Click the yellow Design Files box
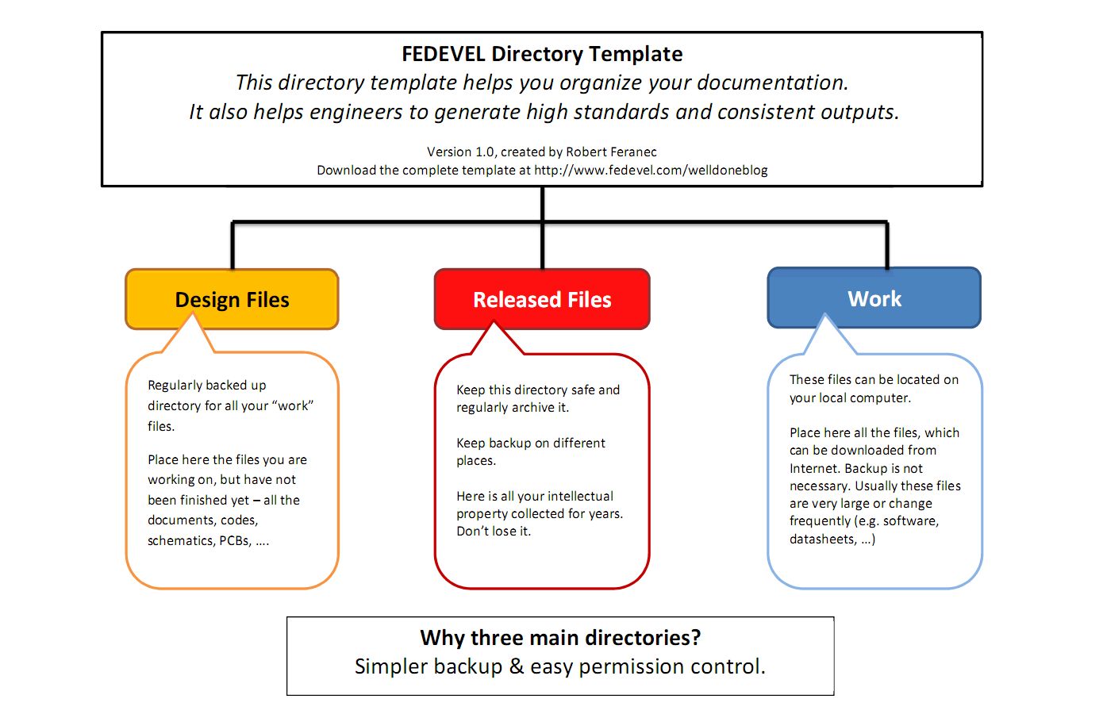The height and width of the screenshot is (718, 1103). pos(232,299)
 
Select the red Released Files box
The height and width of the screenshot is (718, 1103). pos(542,299)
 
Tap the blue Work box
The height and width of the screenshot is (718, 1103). pos(874,298)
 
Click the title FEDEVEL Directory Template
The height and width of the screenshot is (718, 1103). pos(542,54)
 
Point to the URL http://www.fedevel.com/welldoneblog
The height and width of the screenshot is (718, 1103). pos(651,170)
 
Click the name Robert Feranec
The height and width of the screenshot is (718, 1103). pos(611,152)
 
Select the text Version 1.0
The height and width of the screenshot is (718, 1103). pos(460,152)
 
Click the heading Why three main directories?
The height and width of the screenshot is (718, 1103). pos(560,638)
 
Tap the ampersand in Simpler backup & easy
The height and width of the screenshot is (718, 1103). pos(517,666)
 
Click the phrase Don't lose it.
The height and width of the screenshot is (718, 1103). pos(494,531)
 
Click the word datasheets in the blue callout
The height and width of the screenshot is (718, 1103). pos(823,539)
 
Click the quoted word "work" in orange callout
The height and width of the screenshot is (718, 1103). pos(293,405)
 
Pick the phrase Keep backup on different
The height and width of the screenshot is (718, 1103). pos(530,443)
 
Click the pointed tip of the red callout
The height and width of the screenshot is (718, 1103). pos(494,322)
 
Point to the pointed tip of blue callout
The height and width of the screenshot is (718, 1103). pos(825,316)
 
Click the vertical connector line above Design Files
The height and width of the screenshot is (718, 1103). pos(233,246)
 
